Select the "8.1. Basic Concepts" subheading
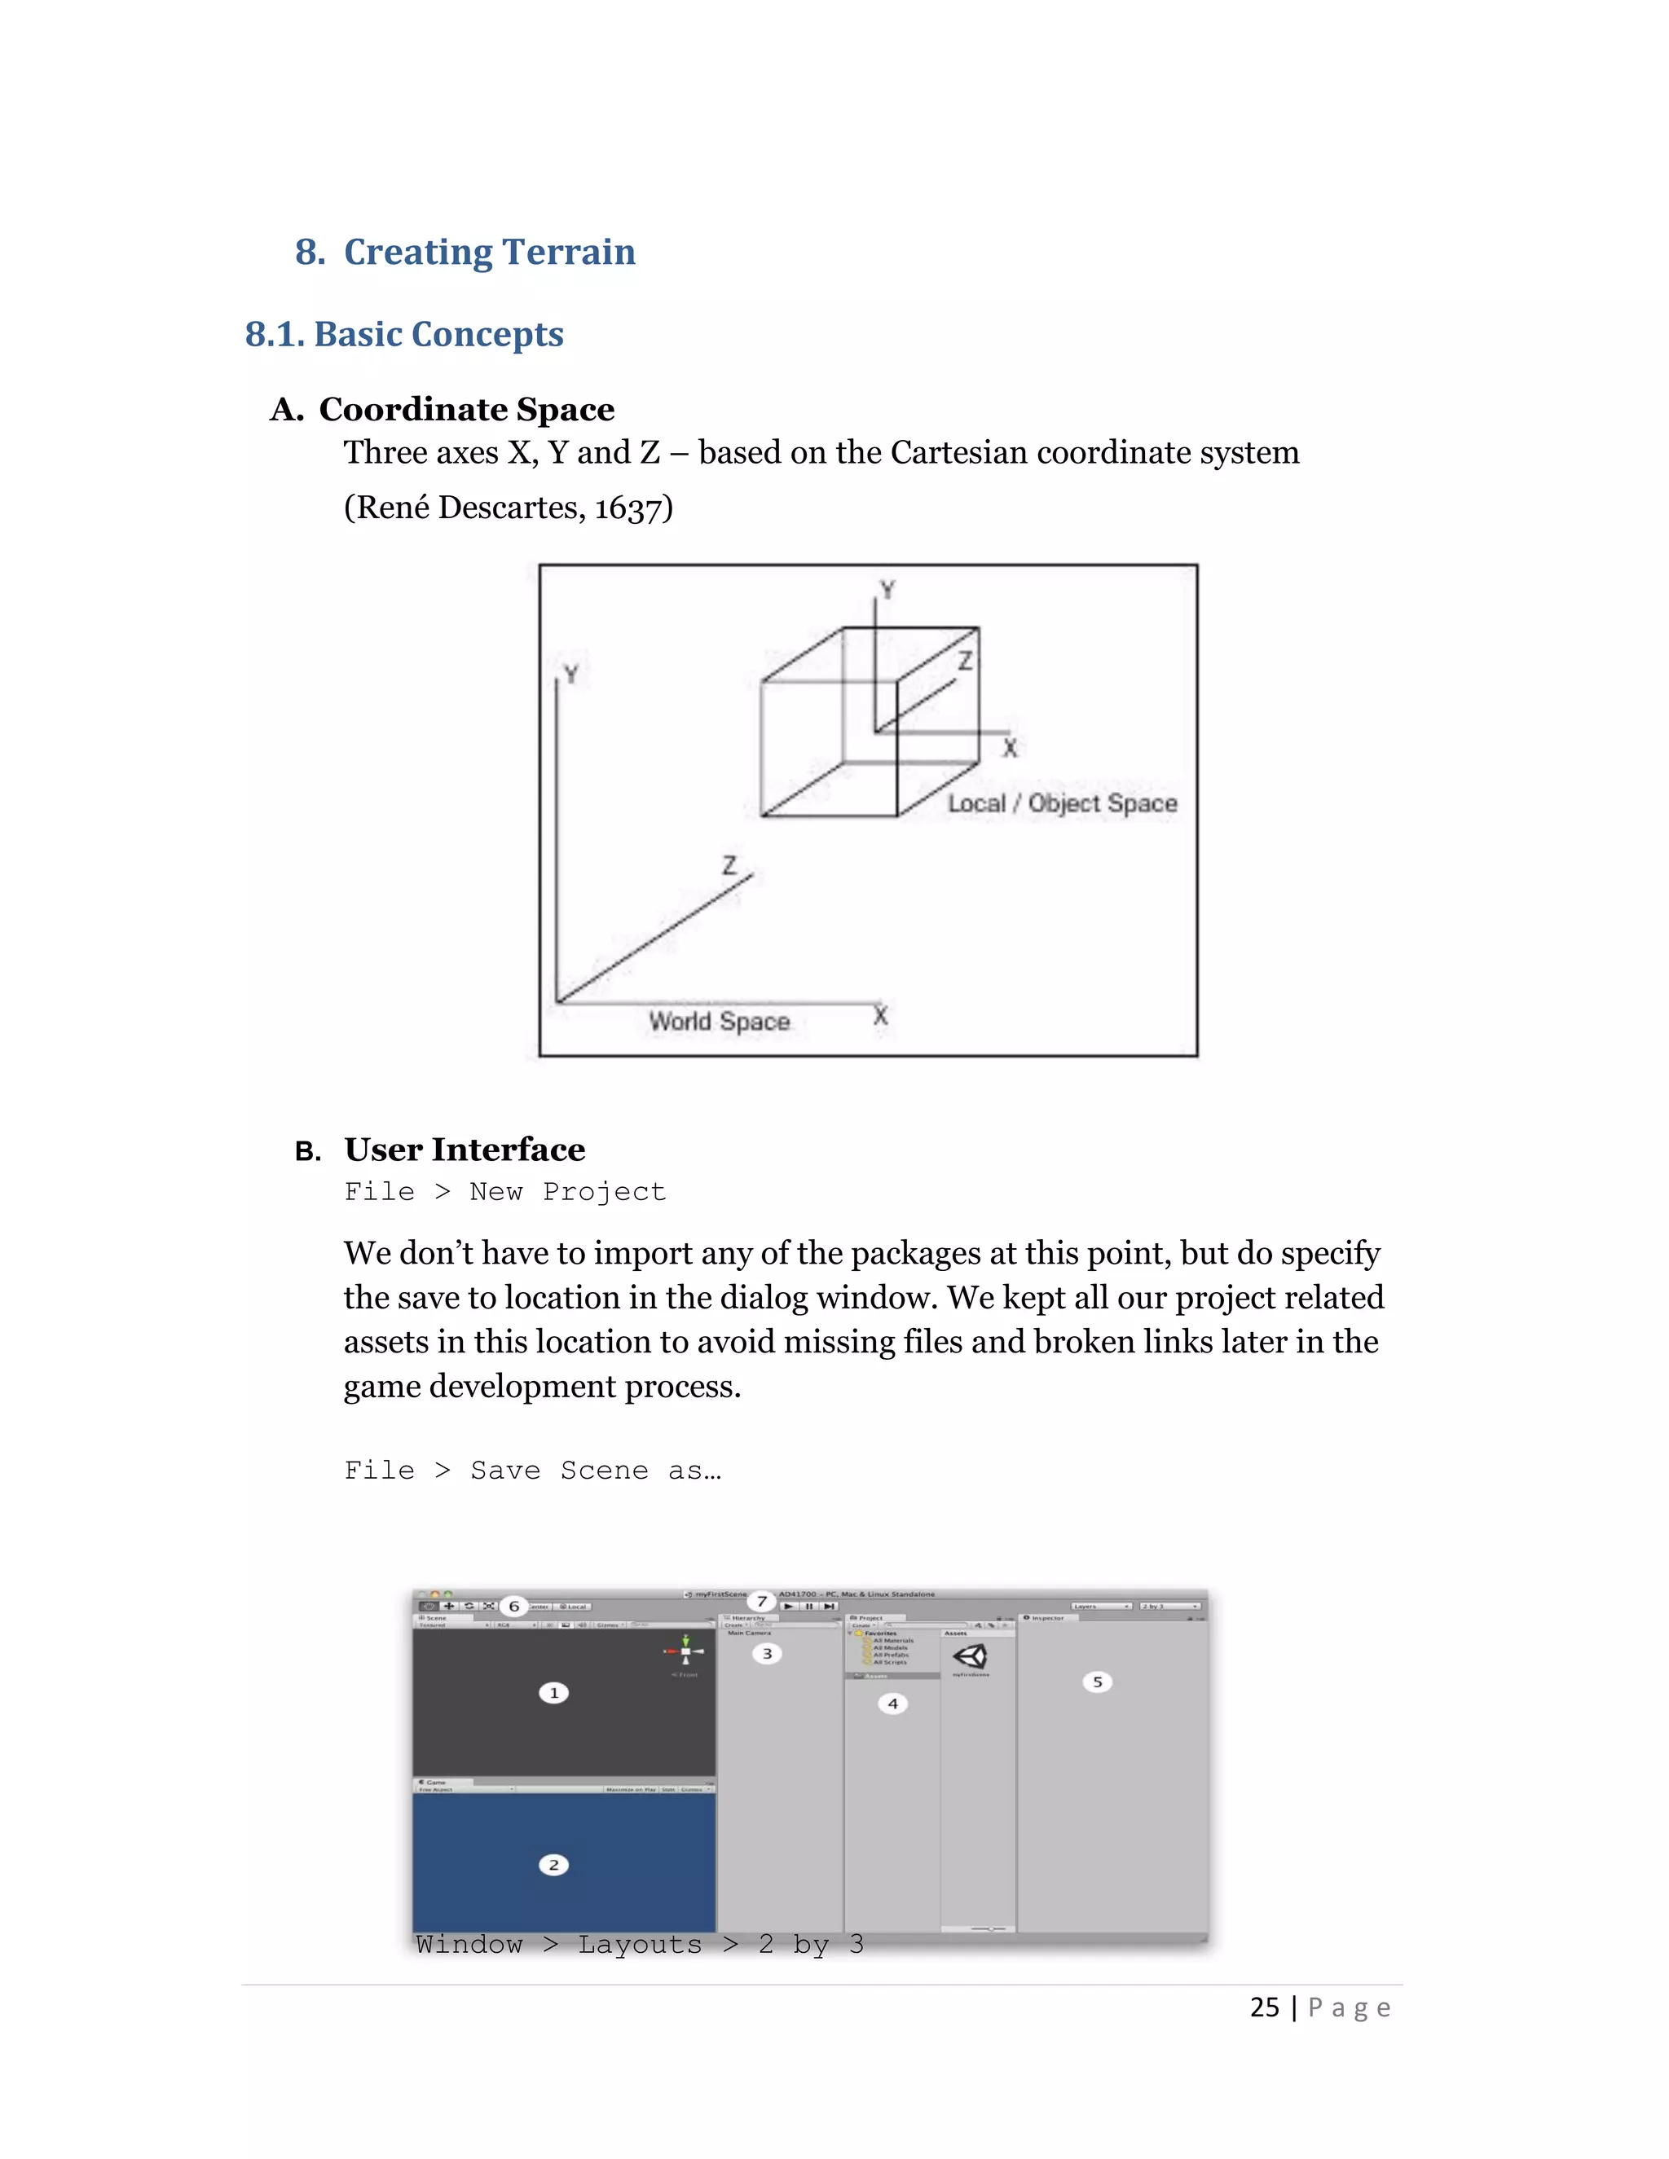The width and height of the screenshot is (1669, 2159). pyautogui.click(x=403, y=334)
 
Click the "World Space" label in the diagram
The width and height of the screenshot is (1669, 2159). pyautogui.click(x=719, y=1021)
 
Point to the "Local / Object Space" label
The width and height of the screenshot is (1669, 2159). pyautogui.click(x=1062, y=802)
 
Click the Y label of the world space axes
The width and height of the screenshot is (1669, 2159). pyautogui.click(x=570, y=675)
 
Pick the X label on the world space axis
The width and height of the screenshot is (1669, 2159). pyautogui.click(x=880, y=1015)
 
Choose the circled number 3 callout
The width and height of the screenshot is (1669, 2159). pyautogui.click(x=766, y=1654)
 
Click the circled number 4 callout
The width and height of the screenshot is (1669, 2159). pyautogui.click(x=892, y=1704)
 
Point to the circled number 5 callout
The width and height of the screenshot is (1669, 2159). pyautogui.click(x=1097, y=1682)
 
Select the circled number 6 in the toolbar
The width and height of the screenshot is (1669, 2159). pyautogui.click(x=513, y=1607)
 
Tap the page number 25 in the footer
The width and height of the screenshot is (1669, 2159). pyautogui.click(x=1264, y=2007)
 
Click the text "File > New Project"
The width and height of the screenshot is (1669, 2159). pyautogui.click(x=504, y=1191)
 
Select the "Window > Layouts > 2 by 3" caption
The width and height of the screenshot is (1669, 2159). pyautogui.click(x=639, y=1945)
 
